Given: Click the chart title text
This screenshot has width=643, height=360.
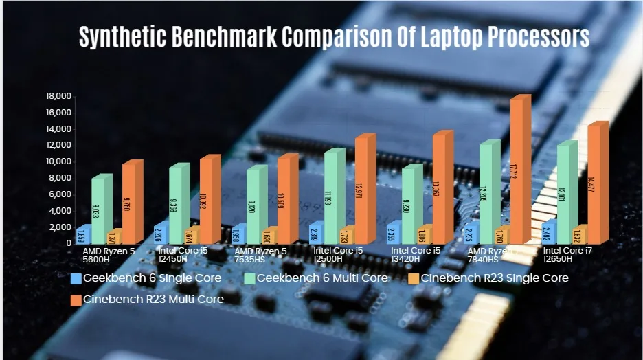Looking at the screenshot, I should [334, 37].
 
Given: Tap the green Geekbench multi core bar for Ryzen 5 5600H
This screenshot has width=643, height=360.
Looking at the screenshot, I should [100, 210].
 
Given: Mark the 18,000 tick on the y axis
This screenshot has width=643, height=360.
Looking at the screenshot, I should [58, 96].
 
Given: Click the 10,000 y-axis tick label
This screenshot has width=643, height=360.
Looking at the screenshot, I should [58, 161].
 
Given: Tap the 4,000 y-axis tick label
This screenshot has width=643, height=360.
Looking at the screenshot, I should [60, 211].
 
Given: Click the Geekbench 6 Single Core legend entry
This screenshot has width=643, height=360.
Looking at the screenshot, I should [146, 278].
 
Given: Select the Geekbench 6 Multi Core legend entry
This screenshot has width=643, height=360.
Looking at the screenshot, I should [317, 278].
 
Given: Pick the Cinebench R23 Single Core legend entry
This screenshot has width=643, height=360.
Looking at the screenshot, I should [488, 278].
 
